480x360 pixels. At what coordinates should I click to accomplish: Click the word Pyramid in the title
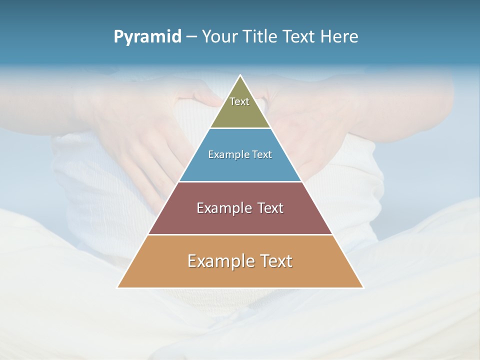pyautogui.click(x=147, y=37)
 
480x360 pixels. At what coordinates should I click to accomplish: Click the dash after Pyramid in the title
pyautogui.click(x=191, y=37)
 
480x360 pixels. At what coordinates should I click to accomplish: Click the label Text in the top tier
pyautogui.click(x=239, y=101)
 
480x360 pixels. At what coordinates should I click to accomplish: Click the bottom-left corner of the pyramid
pyautogui.click(x=118, y=287)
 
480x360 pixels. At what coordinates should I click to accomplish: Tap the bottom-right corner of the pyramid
pyautogui.click(x=362, y=287)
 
